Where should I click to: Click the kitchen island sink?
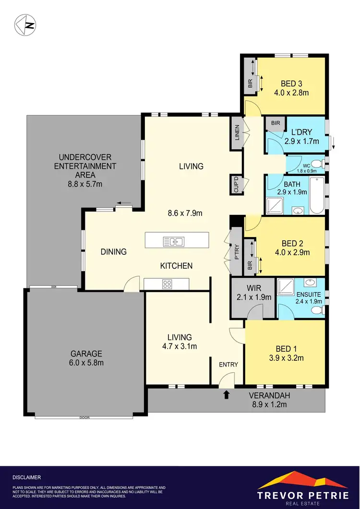[173, 241]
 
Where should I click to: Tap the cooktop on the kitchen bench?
[167, 284]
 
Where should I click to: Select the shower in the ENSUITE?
[287, 287]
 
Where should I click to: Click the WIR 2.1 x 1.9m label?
[254, 293]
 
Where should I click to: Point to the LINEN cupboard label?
[237, 134]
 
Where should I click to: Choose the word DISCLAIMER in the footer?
[27, 477]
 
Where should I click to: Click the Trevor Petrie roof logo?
[303, 480]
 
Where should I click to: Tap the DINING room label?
[113, 251]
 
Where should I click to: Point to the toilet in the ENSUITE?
[317, 310]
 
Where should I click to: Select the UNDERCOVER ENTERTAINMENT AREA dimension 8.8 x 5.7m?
[87, 184]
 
